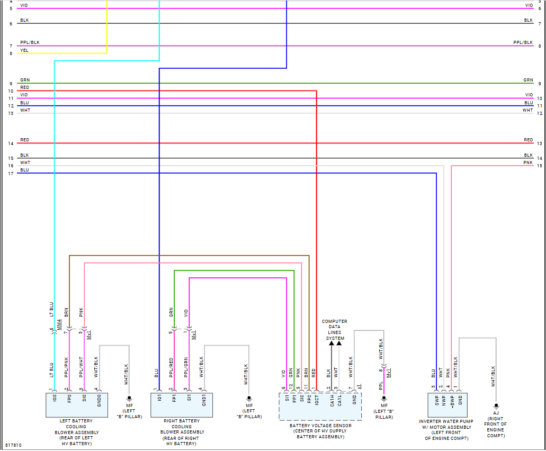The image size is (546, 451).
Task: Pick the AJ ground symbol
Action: [496, 405]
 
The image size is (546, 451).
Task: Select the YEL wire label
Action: [24, 50]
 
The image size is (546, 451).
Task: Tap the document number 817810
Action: [14, 446]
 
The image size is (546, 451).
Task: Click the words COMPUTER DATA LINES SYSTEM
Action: [335, 330]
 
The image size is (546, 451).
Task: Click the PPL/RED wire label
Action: [172, 366]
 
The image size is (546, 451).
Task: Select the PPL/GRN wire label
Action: [186, 366]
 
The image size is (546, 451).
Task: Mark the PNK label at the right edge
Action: [528, 163]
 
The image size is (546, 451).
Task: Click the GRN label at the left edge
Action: [24, 80]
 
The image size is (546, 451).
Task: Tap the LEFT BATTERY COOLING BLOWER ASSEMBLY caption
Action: [76, 429]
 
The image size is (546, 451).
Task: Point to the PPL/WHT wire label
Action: [82, 366]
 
